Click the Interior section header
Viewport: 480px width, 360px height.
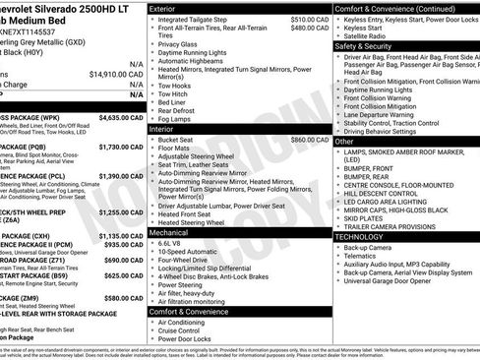163,129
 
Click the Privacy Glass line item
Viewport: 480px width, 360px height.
177,44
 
